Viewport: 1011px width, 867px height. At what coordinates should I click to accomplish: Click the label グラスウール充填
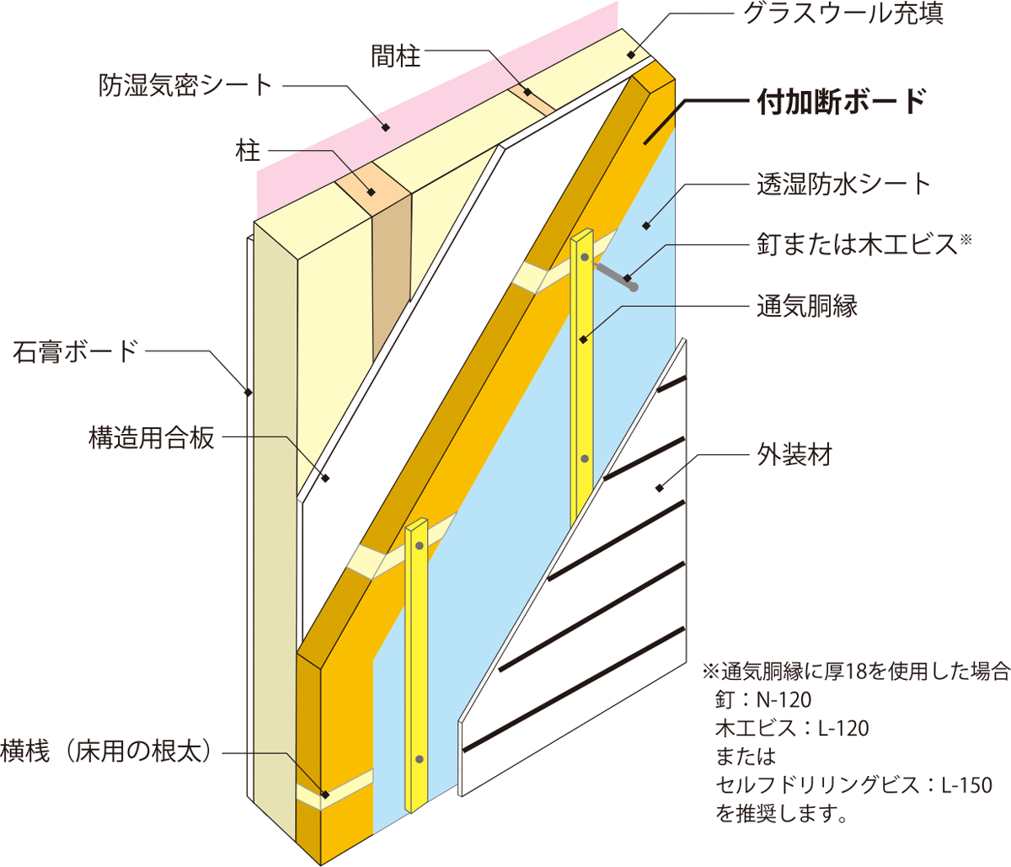pyautogui.click(x=842, y=13)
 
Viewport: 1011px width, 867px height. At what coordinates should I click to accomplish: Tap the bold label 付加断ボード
pyautogui.click(x=842, y=101)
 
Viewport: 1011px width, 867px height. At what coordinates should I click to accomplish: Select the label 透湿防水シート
pyautogui.click(x=843, y=184)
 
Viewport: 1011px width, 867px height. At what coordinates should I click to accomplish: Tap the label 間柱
pyautogui.click(x=395, y=56)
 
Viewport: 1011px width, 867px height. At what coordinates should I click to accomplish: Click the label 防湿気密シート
pyautogui.click(x=185, y=84)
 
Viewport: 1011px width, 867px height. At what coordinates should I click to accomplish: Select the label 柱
pyautogui.click(x=247, y=152)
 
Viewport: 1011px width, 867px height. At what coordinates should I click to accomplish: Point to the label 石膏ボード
pyautogui.click(x=75, y=351)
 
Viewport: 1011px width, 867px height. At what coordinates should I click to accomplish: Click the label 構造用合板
pyautogui.click(x=152, y=437)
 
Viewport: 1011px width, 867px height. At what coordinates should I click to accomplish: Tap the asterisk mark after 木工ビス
pyautogui.click(x=966, y=240)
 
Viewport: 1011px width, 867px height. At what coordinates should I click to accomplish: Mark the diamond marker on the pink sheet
pyautogui.click(x=386, y=127)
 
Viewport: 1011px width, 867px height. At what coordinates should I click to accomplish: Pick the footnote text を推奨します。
pyautogui.click(x=780, y=814)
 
